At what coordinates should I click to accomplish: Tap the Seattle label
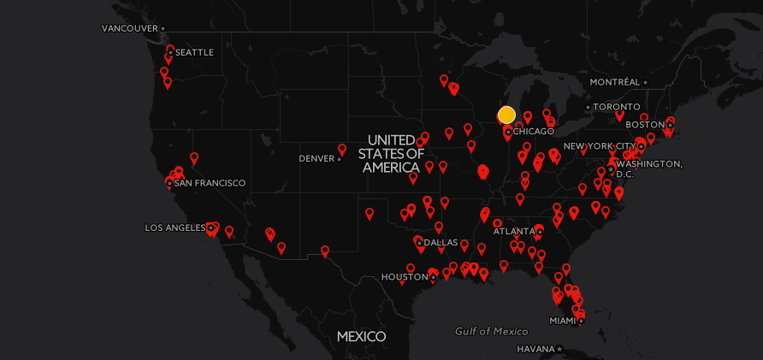tap(194, 52)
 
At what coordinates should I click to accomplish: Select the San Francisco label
tap(210, 183)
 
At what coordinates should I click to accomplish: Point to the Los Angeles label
tap(175, 227)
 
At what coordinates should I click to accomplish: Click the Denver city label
tap(316, 158)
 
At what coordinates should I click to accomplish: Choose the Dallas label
tap(441, 243)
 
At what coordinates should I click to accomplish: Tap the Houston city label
tap(405, 277)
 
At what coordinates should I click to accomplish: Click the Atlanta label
tap(514, 231)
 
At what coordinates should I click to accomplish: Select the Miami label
tap(562, 321)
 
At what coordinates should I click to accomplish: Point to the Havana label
tap(535, 349)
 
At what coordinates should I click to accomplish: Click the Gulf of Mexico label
tap(491, 331)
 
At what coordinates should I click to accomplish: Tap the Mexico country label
tap(361, 336)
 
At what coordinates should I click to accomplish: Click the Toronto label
tap(616, 107)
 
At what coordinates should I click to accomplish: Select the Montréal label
tap(614, 82)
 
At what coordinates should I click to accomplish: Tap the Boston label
tap(651, 125)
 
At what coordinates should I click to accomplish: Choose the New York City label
tap(600, 146)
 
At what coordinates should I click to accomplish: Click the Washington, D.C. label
tap(648, 168)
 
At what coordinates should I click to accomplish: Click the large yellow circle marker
tap(506, 115)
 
